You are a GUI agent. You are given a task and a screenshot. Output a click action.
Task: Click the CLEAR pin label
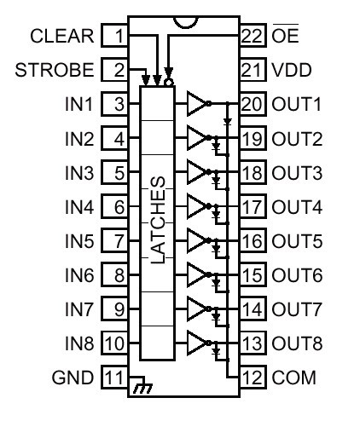(x=62, y=36)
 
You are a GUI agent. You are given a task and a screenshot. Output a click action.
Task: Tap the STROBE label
(x=55, y=70)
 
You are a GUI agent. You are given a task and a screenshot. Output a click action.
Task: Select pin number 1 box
(x=114, y=36)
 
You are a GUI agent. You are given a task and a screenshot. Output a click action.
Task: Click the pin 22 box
(x=253, y=36)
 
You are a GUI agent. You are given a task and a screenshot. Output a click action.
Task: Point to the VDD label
(x=292, y=70)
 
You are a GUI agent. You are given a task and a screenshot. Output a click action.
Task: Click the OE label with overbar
(x=285, y=34)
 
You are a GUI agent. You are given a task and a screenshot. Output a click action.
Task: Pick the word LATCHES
(x=158, y=220)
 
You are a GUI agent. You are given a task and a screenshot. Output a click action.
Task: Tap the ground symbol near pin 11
(x=143, y=385)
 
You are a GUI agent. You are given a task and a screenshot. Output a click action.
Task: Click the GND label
(x=73, y=378)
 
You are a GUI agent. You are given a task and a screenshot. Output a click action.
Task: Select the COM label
(x=293, y=378)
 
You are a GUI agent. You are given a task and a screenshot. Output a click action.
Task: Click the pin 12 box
(x=253, y=378)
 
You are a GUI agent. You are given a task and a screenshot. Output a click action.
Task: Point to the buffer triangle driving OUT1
(x=196, y=104)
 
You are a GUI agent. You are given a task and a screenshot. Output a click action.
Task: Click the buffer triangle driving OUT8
(x=196, y=343)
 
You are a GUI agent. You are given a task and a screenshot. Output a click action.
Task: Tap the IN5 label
(x=79, y=241)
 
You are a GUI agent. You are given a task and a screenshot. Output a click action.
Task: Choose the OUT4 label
(x=297, y=207)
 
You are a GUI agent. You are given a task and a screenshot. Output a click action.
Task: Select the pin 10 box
(x=114, y=343)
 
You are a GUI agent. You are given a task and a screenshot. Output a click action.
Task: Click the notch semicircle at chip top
(x=185, y=23)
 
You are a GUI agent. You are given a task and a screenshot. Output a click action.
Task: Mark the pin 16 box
(x=253, y=241)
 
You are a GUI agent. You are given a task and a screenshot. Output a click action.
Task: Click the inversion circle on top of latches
(x=169, y=83)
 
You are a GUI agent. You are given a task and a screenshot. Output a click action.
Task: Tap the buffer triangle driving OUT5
(x=196, y=240)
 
